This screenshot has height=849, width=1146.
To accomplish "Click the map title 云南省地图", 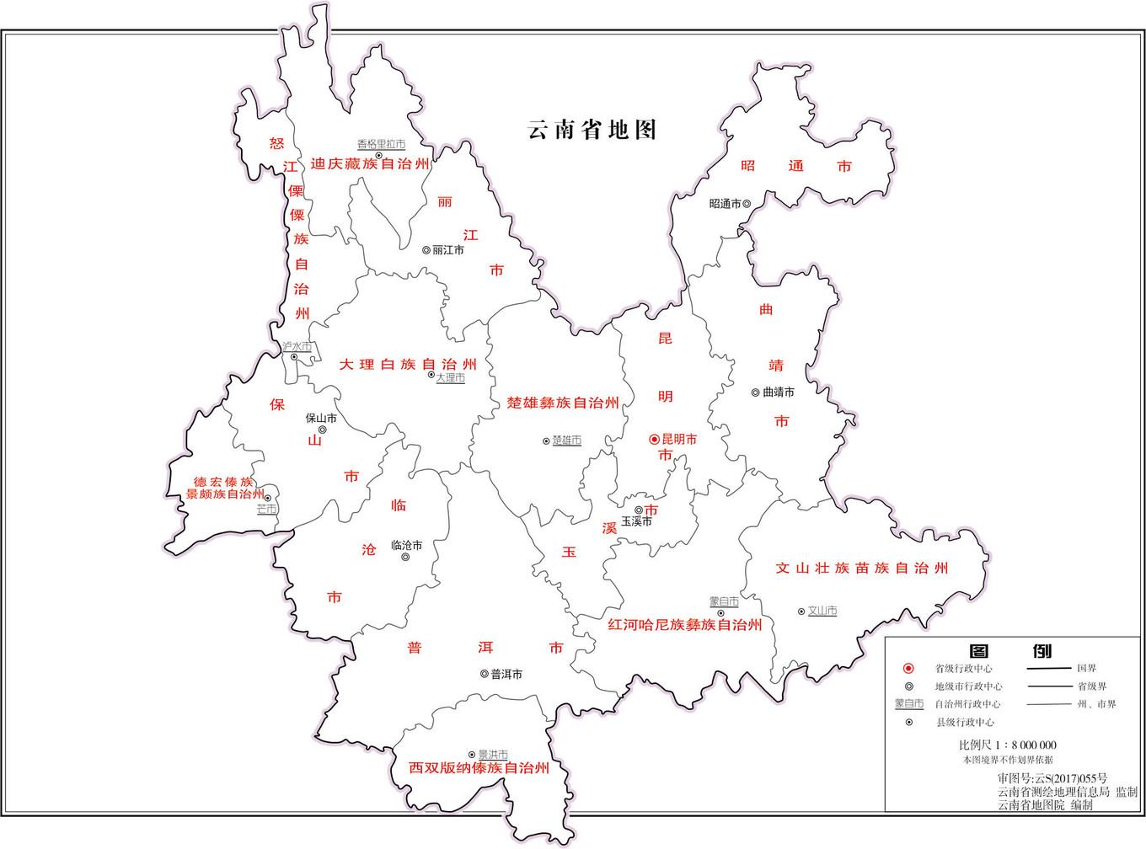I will coord(592,130).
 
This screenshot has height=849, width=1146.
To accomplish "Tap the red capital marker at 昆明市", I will coord(654,440).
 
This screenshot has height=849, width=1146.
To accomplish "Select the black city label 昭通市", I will coord(725,204).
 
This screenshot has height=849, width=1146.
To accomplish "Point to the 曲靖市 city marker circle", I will coord(756,392).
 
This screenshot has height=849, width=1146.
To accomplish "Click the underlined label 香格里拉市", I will coord(381,145).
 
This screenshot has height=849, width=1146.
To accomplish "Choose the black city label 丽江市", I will coord(447,250).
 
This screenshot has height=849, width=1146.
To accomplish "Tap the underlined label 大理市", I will coord(450,378).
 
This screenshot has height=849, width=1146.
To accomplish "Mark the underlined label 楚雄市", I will coord(566,441).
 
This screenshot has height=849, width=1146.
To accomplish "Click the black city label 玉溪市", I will coord(636,522).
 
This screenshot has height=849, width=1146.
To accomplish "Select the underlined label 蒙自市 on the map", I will coord(724,601).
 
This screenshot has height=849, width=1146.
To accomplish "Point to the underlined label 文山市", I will coord(822,611).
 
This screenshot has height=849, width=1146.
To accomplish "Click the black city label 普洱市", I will coord(506,674).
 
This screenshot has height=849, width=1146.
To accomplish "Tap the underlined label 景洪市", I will coord(493,755).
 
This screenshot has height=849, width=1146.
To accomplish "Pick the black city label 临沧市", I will coord(407,545).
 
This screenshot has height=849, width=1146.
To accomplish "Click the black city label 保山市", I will coord(321,418).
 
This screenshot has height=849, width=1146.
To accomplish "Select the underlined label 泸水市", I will coord(297,346).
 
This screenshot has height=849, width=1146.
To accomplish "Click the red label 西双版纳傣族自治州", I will coord(479,768).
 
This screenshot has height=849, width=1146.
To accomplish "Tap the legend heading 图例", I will coord(1010,650).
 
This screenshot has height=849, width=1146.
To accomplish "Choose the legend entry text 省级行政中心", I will coord(963,668).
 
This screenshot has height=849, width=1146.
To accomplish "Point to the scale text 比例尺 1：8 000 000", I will coord(1007,745).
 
